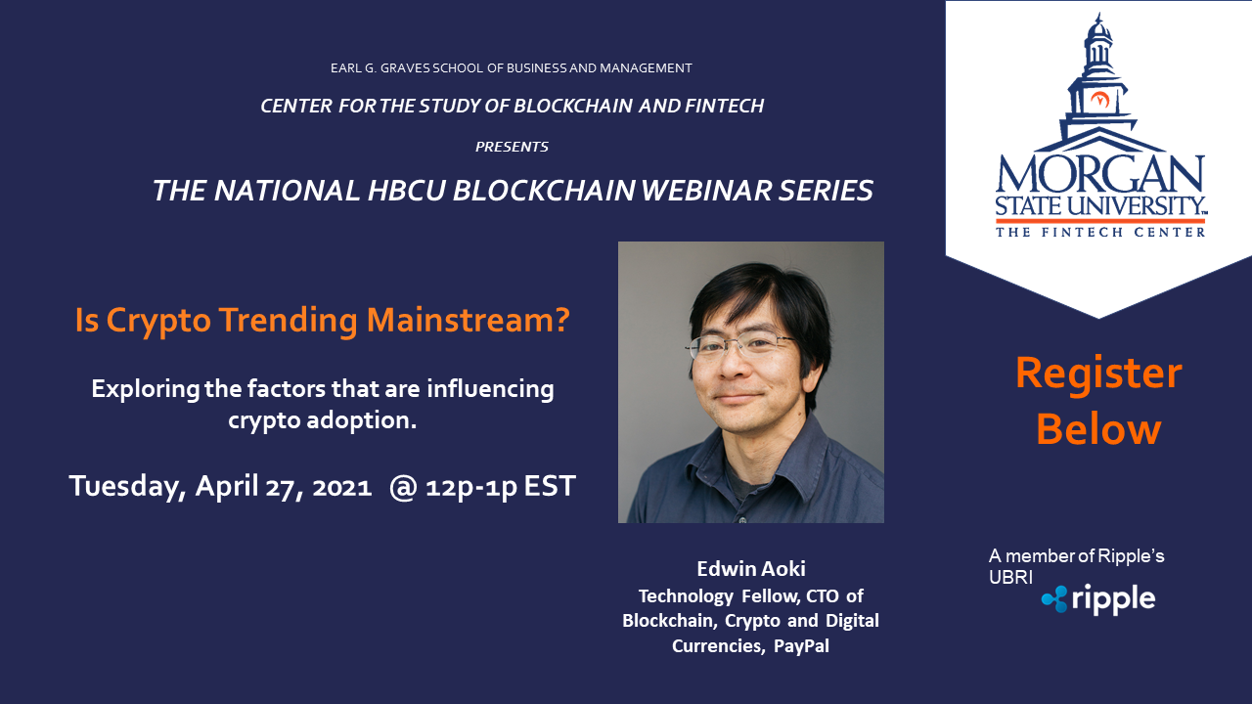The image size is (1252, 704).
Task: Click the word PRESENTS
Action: tap(512, 147)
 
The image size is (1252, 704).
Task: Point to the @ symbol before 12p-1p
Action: tap(403, 487)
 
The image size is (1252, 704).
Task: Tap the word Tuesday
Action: tap(127, 487)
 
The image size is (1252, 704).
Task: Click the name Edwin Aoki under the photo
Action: tap(750, 569)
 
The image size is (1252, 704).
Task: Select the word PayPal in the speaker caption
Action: tap(801, 646)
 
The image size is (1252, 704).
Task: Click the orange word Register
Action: tap(1098, 374)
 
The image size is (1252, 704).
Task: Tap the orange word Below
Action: tap(1098, 429)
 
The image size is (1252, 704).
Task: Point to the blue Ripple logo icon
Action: tap(1054, 599)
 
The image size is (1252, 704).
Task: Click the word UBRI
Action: tap(1010, 577)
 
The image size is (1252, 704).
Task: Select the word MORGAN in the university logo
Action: tap(1099, 174)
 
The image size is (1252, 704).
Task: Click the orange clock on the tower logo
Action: tap(1099, 100)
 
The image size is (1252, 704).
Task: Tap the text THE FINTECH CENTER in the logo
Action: tap(1100, 233)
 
